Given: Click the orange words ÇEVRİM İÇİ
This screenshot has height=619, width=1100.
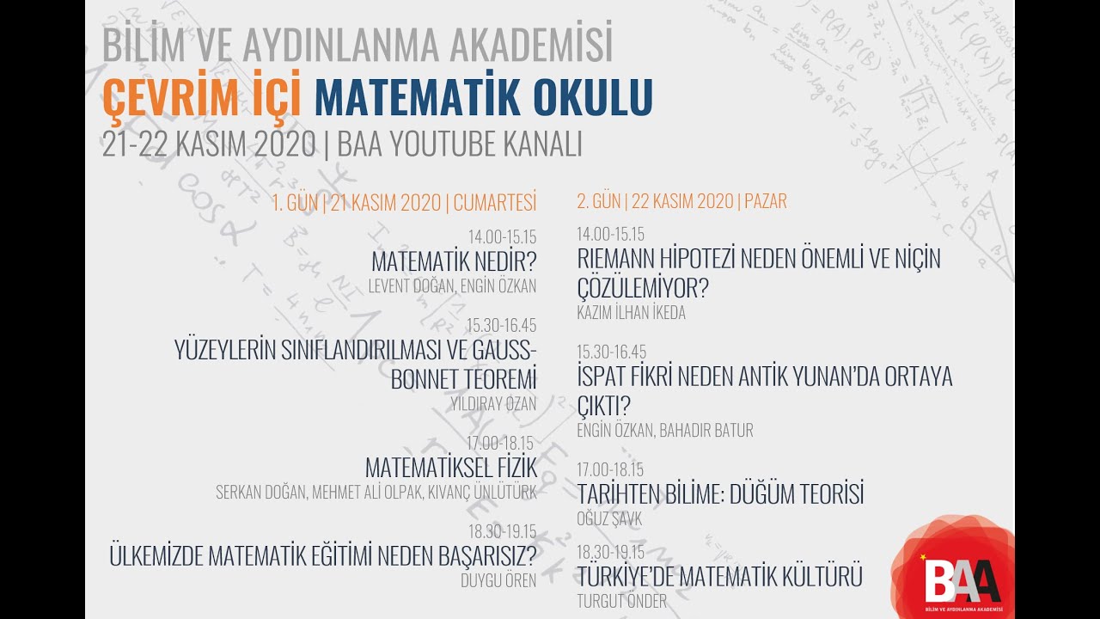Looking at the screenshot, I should point(202,97).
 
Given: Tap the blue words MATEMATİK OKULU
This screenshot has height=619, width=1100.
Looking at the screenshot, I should point(483,97).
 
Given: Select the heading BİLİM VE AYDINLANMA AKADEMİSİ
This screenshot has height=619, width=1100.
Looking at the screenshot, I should point(357,45).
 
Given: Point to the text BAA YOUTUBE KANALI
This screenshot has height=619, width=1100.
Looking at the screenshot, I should point(460,144).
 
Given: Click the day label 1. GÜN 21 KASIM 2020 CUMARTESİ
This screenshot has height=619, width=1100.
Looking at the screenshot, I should point(404,203).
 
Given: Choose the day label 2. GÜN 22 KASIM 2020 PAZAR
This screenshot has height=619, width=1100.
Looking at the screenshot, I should point(681,202).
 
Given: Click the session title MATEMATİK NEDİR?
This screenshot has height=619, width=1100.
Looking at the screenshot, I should point(454,261).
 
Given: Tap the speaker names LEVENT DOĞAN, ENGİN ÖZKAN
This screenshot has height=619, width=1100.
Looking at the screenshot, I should point(452,286).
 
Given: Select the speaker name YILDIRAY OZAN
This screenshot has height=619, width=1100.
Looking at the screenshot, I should point(493,403).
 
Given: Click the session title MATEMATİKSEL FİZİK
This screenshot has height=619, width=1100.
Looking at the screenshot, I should point(451,468).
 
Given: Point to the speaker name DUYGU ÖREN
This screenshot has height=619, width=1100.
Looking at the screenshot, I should point(498,580).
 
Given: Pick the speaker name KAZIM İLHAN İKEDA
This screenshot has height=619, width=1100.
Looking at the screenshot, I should point(631,313).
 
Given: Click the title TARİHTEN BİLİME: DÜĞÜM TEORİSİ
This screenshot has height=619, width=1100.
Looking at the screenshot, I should point(720,494).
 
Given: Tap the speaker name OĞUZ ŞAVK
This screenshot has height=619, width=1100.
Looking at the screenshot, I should point(609,519).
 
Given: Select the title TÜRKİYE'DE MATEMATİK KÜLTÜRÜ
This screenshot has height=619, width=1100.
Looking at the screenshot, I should point(719,576).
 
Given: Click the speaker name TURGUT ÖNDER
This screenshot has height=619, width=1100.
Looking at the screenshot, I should point(621,602).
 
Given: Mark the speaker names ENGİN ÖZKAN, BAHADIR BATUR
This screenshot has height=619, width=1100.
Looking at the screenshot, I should point(664,431).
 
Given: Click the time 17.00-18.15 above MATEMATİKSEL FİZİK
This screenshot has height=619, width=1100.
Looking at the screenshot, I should point(501,444).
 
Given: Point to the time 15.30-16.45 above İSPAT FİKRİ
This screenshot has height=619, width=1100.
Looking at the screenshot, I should point(611,352).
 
